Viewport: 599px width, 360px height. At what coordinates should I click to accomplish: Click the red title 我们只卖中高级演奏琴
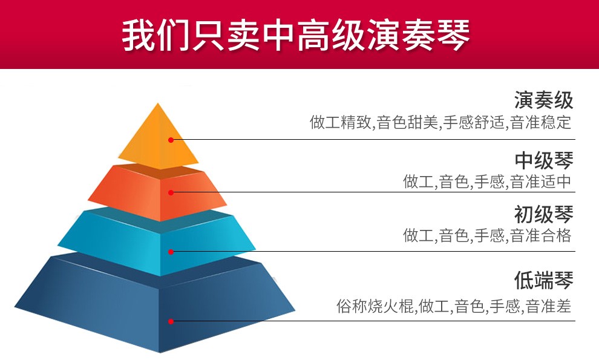[x=296, y=34]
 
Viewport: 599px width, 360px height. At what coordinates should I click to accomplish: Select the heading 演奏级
[x=543, y=100]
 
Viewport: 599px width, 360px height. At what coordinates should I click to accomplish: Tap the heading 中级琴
[x=543, y=160]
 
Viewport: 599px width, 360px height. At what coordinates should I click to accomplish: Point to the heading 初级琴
[x=543, y=214]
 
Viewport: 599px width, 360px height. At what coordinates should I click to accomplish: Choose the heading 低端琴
[x=543, y=280]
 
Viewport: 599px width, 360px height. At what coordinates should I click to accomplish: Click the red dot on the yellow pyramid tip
[x=171, y=140]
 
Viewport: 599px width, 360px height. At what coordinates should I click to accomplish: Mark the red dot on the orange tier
[x=171, y=192]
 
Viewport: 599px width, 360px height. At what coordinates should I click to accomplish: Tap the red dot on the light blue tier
[x=171, y=252]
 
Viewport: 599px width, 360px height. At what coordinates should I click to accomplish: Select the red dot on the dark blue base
[x=171, y=321]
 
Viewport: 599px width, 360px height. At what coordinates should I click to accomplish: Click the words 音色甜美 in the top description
[x=407, y=122]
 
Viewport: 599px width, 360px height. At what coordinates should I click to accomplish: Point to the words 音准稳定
[x=540, y=122]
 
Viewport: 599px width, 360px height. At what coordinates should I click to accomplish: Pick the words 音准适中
[x=540, y=182]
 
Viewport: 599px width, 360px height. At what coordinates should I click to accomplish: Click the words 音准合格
[x=540, y=235]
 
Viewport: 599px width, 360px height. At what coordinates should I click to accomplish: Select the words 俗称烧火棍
[x=375, y=306]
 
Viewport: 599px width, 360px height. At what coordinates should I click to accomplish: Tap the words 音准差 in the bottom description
[x=549, y=306]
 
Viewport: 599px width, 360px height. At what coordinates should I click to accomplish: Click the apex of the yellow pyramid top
[x=157, y=103]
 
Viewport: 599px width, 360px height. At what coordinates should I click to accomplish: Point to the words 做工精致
[x=340, y=122]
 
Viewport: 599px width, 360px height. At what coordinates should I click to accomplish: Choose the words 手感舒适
[x=474, y=122]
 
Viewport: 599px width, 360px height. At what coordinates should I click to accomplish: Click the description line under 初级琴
[x=487, y=235]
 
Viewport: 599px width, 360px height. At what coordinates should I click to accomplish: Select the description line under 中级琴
[x=487, y=182]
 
